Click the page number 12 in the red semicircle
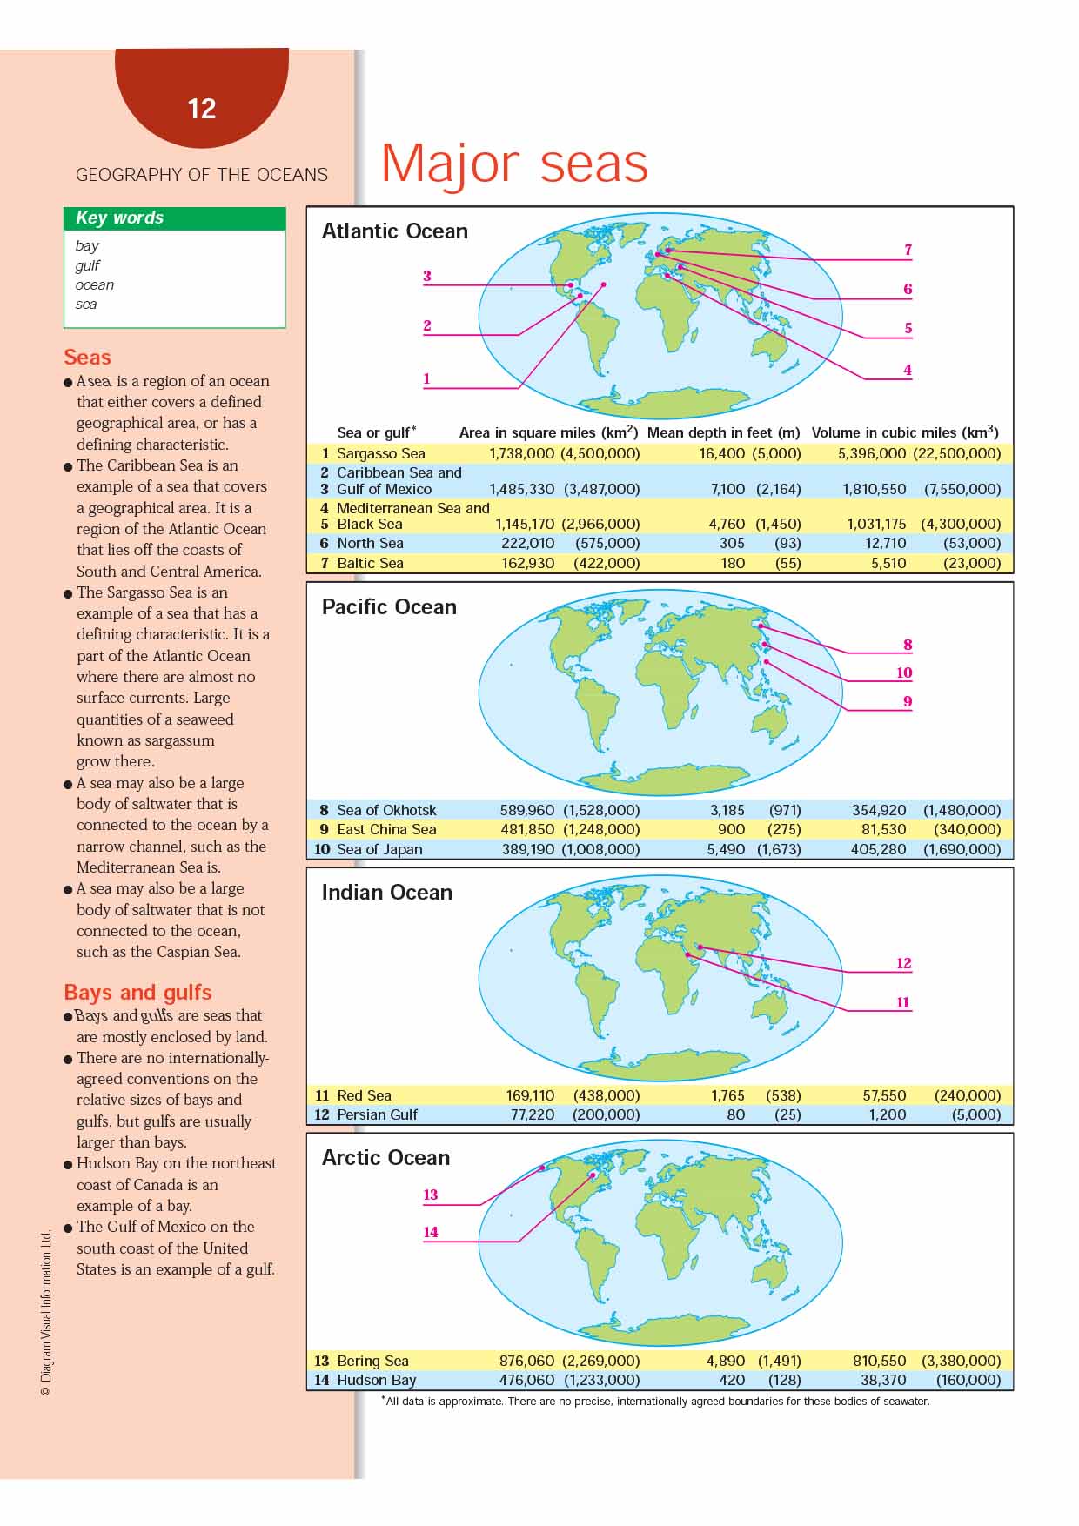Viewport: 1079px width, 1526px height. (x=201, y=109)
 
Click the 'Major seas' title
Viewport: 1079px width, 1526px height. (x=514, y=163)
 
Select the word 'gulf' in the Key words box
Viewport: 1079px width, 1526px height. (x=87, y=265)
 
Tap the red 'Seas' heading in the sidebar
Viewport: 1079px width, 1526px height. (x=87, y=357)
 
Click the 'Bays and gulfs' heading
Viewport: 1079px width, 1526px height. (x=137, y=993)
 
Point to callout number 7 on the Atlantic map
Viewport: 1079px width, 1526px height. (x=908, y=250)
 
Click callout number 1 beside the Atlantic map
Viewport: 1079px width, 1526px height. (x=426, y=378)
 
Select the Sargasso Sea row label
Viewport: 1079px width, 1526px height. (x=380, y=453)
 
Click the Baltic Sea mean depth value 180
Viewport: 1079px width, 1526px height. (x=733, y=563)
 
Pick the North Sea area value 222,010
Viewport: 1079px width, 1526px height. (x=527, y=543)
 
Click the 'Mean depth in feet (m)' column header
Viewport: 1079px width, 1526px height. (x=723, y=432)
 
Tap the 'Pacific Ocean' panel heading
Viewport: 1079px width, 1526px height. (x=389, y=607)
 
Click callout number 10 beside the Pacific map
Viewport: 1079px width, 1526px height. (x=904, y=673)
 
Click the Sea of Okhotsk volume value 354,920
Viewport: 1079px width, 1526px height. (x=879, y=810)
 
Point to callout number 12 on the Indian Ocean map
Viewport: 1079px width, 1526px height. (x=904, y=963)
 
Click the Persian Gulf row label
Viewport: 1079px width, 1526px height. (x=377, y=1114)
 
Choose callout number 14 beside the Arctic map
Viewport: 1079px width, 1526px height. (x=431, y=1232)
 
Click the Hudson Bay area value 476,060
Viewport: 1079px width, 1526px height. (x=527, y=1380)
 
